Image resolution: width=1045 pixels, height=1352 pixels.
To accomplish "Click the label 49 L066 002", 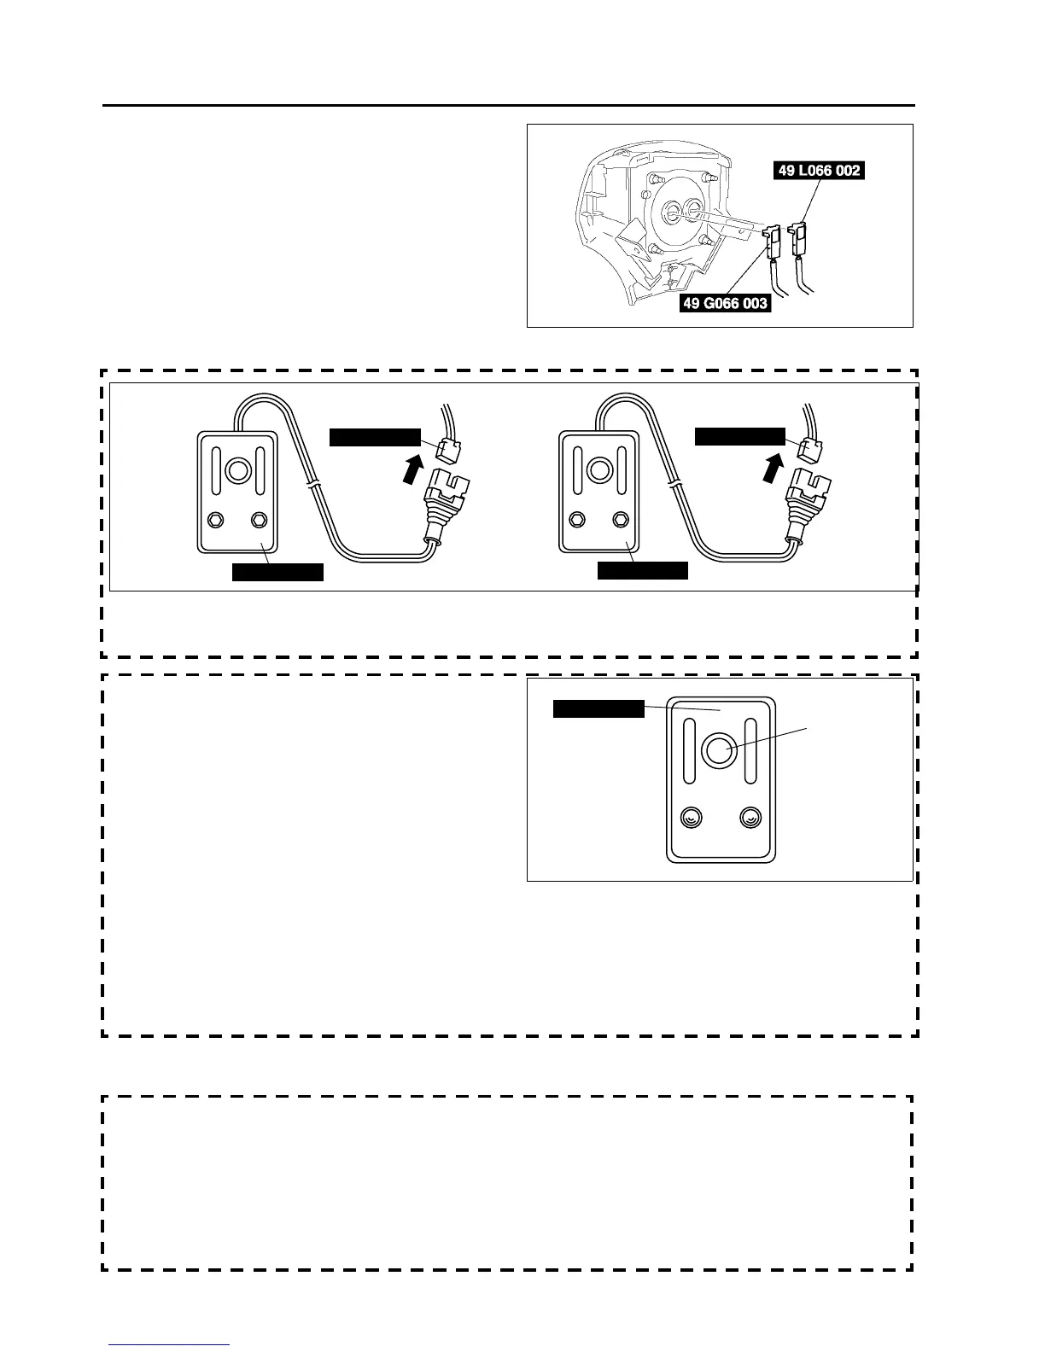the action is [x=819, y=171].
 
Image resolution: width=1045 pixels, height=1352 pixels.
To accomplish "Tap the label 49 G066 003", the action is [x=725, y=303].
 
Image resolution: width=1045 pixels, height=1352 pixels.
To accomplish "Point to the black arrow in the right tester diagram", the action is [x=773, y=467].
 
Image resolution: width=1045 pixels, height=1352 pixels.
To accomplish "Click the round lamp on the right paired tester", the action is [x=600, y=470].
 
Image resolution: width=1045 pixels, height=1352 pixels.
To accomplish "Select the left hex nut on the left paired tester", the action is [x=216, y=519].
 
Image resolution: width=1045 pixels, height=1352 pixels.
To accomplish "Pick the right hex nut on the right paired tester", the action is [x=621, y=519].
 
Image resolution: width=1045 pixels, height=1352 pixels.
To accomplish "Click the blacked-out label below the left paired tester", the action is [x=277, y=572].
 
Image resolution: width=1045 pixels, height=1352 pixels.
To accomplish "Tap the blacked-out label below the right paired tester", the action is [x=642, y=571].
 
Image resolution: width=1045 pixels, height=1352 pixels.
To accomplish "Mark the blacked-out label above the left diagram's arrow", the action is [x=375, y=437].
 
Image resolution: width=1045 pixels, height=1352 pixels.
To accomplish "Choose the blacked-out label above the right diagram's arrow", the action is [x=739, y=436].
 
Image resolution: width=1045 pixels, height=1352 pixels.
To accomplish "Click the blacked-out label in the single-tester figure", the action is [x=598, y=708].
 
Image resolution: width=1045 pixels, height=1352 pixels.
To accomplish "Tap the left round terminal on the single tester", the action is [x=690, y=818].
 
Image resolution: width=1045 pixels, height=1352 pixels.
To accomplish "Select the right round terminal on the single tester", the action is [x=750, y=818].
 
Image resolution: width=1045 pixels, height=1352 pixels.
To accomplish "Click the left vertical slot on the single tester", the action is [x=688, y=750].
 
